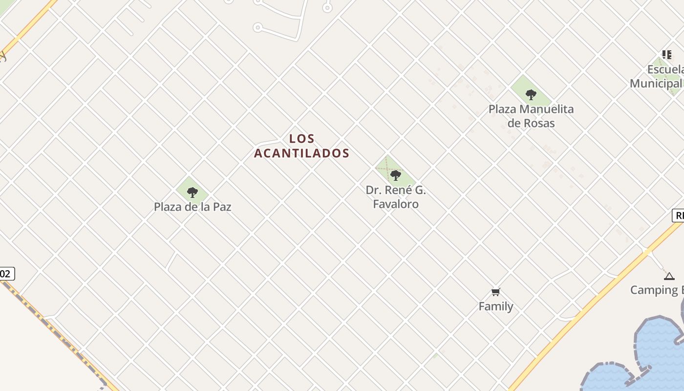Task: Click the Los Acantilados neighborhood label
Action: pos(301,146)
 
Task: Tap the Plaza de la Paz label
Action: pos(192,207)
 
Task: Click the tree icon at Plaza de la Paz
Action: pos(192,192)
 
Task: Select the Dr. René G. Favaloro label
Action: pos(396,196)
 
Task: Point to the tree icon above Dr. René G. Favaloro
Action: pos(396,175)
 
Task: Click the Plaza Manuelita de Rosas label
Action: pos(531,116)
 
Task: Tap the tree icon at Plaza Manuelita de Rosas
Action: pos(531,94)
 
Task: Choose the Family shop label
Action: pos(496,306)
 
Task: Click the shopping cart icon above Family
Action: pos(496,292)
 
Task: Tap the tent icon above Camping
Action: pos(669,277)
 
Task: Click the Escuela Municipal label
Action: pos(657,76)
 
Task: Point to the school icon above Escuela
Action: pos(667,55)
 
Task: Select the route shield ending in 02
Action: pos(6,274)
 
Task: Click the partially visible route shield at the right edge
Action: pos(678,216)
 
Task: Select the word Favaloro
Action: pos(396,204)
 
